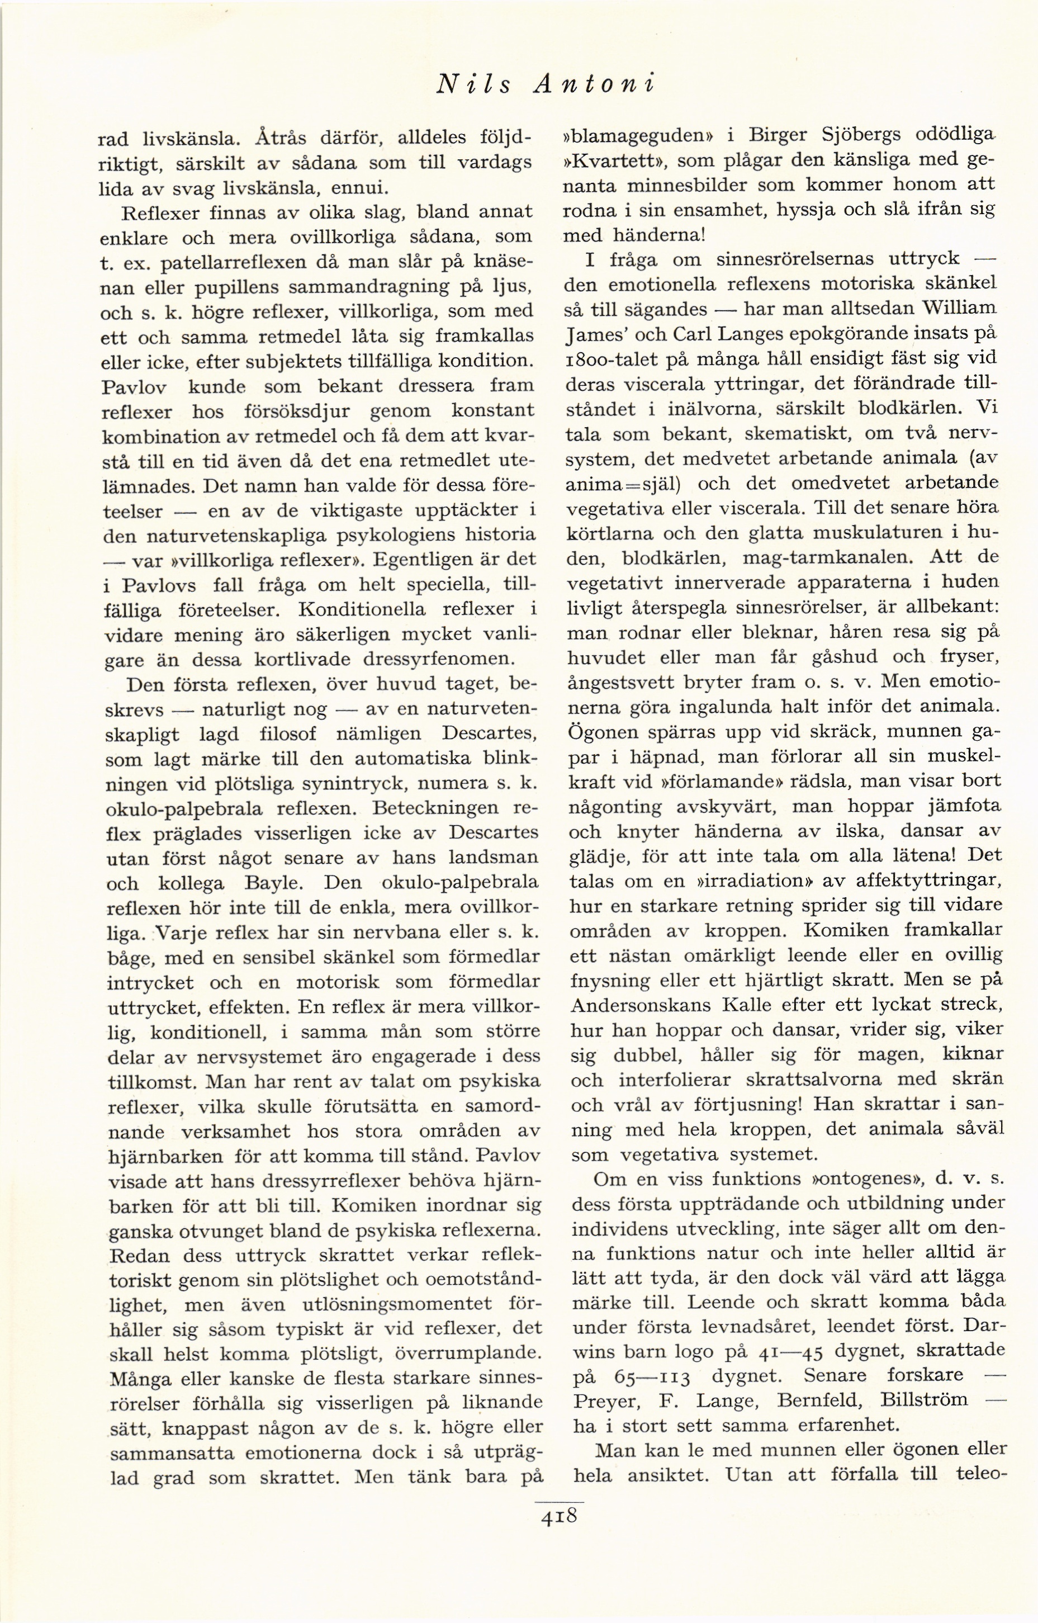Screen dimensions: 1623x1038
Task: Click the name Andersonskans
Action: (639, 1005)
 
